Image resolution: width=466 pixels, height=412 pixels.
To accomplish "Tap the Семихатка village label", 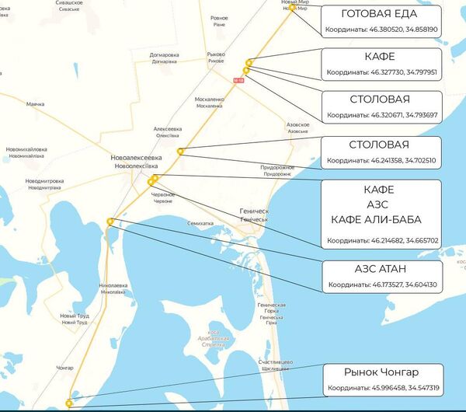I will [x=200, y=223].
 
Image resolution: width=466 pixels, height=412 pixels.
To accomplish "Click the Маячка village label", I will [x=35, y=103].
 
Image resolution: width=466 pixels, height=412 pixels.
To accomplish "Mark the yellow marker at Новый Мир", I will [x=292, y=8].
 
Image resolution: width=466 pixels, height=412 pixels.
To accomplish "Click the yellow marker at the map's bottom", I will [x=69, y=403].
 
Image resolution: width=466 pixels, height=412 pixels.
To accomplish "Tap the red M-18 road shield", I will [x=238, y=79].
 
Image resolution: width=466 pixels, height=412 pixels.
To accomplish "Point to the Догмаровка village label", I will [x=164, y=55].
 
